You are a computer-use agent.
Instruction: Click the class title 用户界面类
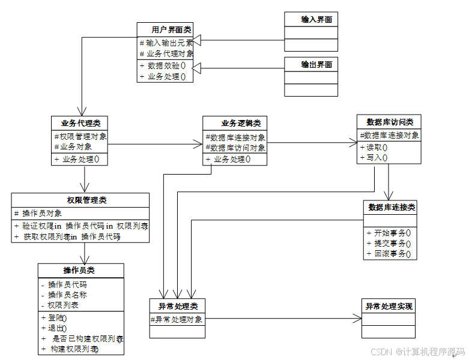[x=172, y=29]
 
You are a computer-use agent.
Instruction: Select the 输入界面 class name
[x=316, y=20]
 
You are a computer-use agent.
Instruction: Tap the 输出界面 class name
[x=316, y=65]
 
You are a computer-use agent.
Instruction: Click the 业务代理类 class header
[x=80, y=123]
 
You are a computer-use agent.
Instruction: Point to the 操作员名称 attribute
[x=67, y=295]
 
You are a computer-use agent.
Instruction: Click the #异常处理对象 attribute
[x=179, y=319]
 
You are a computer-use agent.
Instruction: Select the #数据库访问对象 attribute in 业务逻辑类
[x=235, y=148]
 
